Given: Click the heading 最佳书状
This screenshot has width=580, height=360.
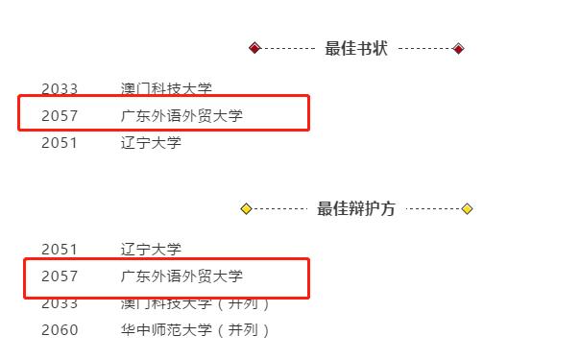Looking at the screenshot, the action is [356, 49].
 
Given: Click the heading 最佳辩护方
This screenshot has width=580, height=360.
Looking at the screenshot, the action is [356, 209].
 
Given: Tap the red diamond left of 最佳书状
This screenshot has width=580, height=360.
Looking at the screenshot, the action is [254, 48].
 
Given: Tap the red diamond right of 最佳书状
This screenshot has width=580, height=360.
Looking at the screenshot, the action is [458, 49].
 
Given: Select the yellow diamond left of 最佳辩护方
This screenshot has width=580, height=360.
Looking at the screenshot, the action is [246, 209].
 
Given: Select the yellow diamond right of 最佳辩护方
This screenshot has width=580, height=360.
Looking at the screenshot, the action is [467, 209].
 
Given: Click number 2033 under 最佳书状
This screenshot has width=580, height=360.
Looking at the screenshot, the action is [60, 89].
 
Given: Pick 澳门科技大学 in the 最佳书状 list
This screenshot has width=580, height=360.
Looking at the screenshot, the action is [166, 89].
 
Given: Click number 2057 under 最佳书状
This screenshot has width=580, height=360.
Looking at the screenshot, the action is [60, 116].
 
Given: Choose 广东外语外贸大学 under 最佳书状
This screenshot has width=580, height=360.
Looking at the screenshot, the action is [181, 116].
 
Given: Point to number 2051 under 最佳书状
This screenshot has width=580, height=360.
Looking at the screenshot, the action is [60, 143].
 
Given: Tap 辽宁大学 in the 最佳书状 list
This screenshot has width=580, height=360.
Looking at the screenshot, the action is [151, 143].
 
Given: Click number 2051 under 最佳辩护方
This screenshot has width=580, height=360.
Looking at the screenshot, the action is [60, 250].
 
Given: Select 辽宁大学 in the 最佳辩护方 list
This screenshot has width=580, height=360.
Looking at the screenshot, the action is [151, 250].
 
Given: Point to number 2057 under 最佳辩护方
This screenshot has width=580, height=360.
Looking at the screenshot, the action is [60, 276].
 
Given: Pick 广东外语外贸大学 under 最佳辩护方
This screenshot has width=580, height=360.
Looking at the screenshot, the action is [181, 276].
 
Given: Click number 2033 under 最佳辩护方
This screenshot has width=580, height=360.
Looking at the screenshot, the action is [60, 303].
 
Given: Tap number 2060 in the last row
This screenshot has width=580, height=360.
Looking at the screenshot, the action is [60, 330].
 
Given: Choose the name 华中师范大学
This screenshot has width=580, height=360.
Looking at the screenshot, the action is [166, 330].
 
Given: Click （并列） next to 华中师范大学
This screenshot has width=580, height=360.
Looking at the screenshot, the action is [243, 330].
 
